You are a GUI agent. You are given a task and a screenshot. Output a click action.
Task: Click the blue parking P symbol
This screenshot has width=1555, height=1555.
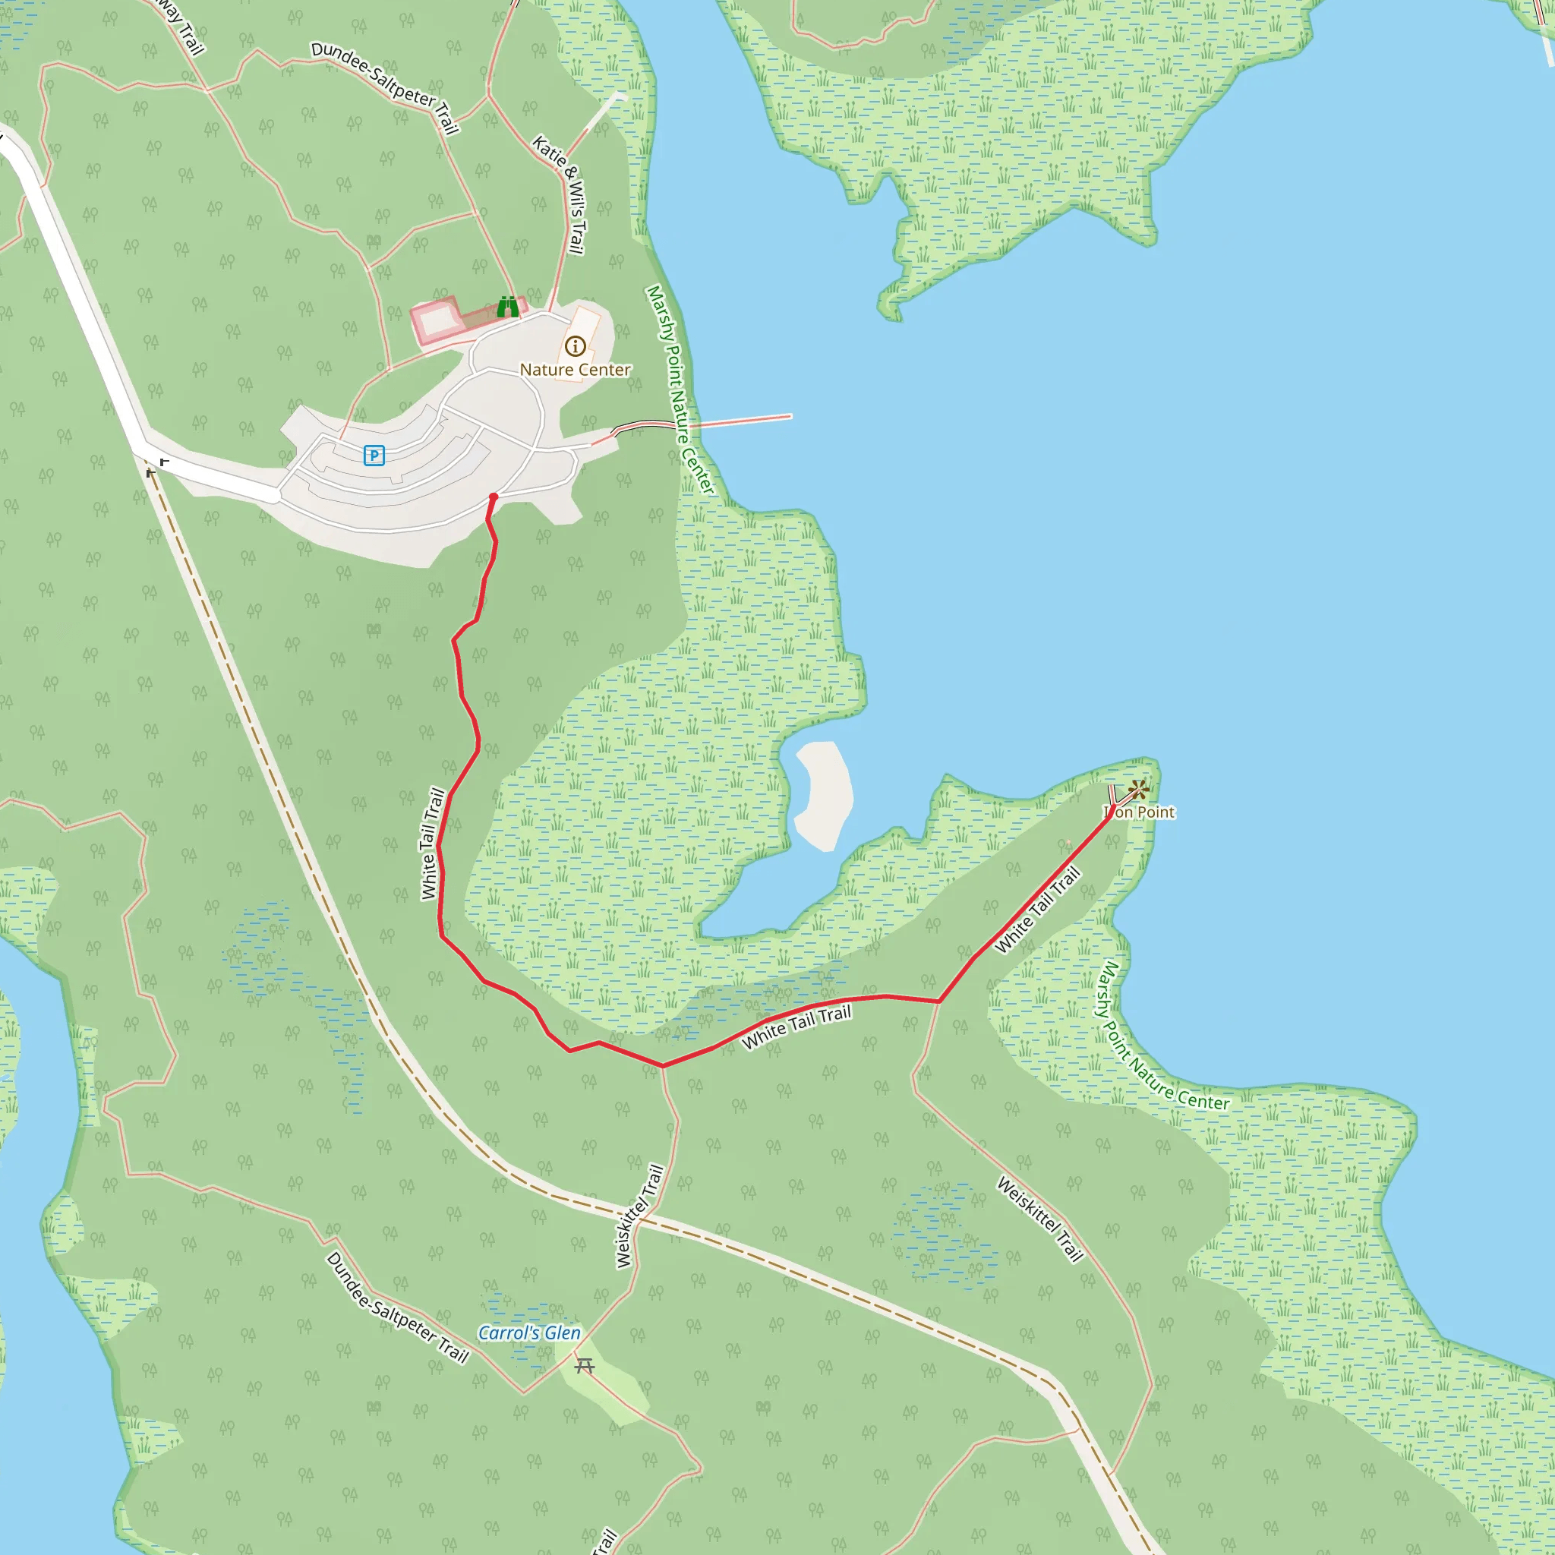click(x=374, y=456)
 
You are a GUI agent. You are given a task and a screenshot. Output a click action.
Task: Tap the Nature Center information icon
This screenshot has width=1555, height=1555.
click(x=575, y=346)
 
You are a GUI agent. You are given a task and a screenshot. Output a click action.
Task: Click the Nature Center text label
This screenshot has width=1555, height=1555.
click(x=575, y=371)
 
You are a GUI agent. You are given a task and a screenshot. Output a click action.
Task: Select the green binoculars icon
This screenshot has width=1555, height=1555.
click(x=508, y=307)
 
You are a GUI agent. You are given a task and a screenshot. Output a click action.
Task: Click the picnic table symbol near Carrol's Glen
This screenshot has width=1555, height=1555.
click(x=585, y=1366)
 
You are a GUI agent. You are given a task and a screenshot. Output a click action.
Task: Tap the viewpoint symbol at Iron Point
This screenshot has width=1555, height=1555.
click(x=1138, y=790)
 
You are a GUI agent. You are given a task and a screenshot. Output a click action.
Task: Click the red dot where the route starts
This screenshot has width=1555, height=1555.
click(x=494, y=497)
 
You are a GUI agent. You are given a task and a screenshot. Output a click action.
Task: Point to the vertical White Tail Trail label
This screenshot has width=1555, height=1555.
click(x=432, y=844)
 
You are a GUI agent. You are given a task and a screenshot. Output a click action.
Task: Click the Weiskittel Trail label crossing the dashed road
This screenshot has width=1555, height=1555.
click(x=640, y=1217)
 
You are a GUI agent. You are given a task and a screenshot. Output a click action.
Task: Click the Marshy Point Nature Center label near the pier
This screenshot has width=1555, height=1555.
click(x=680, y=390)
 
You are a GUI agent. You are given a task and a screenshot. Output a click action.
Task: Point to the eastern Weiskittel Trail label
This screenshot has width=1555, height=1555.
click(x=1041, y=1219)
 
